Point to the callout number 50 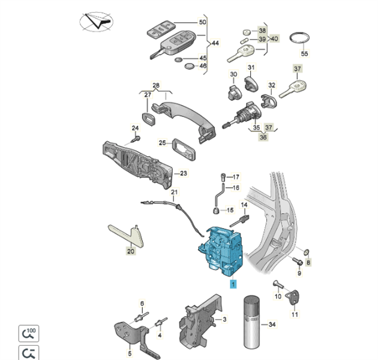click(x=202, y=22)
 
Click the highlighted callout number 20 click(x=130, y=252)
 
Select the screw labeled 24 click(x=135, y=139)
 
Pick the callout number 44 click(x=215, y=43)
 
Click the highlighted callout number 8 click(x=309, y=262)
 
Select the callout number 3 click(x=224, y=321)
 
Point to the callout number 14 click(x=244, y=205)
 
